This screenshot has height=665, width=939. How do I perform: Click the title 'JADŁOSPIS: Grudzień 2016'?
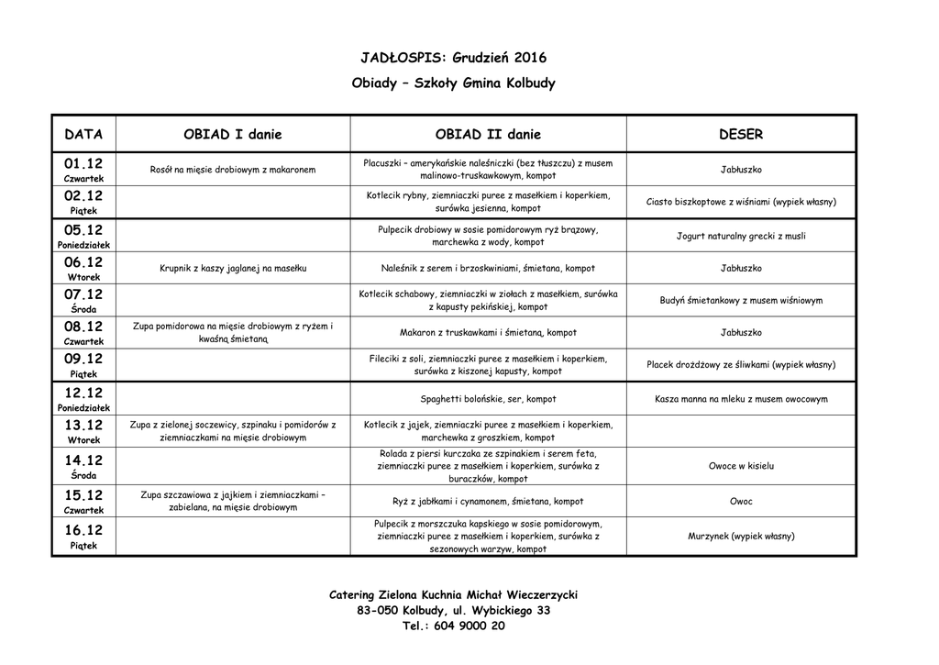[453, 57]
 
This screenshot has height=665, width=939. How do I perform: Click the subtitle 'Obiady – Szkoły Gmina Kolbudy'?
[453, 83]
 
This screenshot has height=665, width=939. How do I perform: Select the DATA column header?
[83, 135]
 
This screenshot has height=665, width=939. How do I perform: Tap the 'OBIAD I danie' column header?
[233, 135]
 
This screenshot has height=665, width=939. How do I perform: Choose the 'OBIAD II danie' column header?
[488, 135]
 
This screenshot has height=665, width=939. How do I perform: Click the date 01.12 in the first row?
[83, 164]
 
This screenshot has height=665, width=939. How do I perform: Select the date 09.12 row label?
[83, 360]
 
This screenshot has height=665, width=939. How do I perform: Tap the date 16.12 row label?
[83, 531]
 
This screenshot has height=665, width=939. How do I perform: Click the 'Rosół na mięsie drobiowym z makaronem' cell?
[233, 170]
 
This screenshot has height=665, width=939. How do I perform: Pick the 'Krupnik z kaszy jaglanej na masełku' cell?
[233, 269]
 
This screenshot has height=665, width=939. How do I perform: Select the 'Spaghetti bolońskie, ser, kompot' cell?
[488, 400]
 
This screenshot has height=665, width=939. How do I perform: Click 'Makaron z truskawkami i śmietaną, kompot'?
[488, 333]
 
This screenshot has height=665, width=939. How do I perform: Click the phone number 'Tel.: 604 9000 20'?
[453, 626]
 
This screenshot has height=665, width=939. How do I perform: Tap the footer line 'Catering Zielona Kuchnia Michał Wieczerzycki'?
[453, 594]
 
